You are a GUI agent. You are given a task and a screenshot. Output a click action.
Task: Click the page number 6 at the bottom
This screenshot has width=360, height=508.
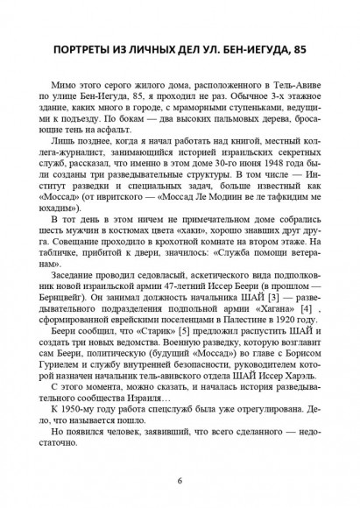pos(180,480)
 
